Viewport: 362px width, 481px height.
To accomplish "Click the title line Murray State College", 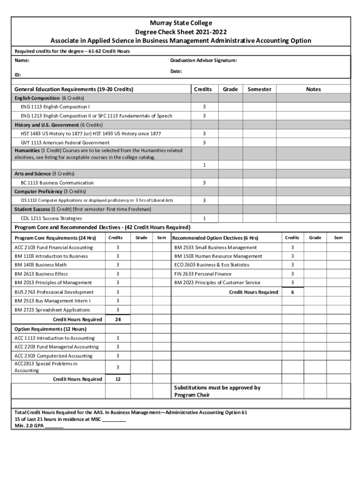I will coord(181,23).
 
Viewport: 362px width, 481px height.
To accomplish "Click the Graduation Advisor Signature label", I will coord(203,61).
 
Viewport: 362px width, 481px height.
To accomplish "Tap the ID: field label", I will coord(18,75).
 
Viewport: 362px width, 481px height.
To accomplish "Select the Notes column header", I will coord(313,89).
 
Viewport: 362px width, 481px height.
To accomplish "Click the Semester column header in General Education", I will coord(260,89).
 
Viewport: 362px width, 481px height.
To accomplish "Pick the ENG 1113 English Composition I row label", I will coord(55,107).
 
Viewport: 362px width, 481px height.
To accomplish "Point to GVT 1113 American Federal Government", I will coord(65,142).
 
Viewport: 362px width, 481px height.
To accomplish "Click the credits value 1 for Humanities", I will coord(204,165).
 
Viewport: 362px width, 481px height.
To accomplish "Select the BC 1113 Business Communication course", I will coord(57,183).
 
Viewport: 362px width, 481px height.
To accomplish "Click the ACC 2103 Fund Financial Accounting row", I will coord(54,248).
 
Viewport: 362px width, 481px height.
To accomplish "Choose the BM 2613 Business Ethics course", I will coord(41,274).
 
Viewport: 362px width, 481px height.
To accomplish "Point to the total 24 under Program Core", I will coord(118,319).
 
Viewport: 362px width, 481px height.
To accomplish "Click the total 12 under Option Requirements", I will coord(118,379).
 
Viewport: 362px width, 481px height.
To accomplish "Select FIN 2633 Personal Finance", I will coord(203,274).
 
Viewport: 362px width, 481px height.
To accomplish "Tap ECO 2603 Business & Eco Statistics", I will coord(212,265).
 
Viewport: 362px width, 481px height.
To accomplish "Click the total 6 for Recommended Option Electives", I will coord(292,292).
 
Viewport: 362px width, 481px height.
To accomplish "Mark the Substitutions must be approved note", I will coord(217,391).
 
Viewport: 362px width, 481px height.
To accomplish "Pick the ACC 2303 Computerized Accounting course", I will coord(53,356).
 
